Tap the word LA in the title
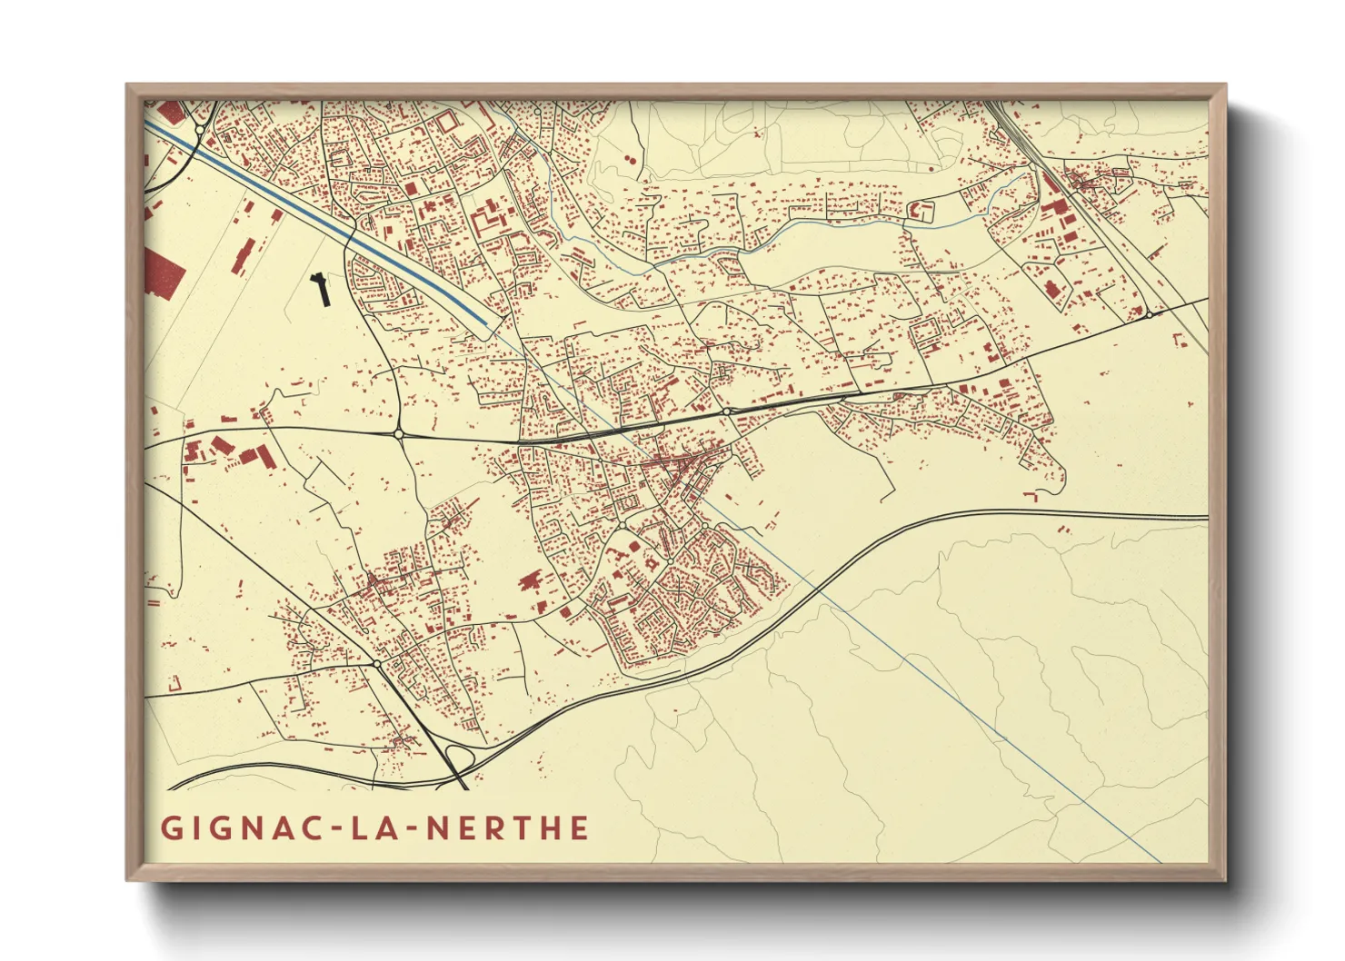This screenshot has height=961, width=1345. coord(370,828)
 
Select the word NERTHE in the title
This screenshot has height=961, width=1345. coord(507,828)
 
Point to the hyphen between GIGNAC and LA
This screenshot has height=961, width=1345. coord(332,829)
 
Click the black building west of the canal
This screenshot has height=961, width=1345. coord(321,288)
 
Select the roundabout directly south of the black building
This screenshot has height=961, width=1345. coord(398,435)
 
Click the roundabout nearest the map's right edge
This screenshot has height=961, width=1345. coord(1149,314)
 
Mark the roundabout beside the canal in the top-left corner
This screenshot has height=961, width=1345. coord(200,130)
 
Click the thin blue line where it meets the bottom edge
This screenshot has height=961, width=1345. coord(1159,859)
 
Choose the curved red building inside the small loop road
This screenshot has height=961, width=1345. coord(922,212)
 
